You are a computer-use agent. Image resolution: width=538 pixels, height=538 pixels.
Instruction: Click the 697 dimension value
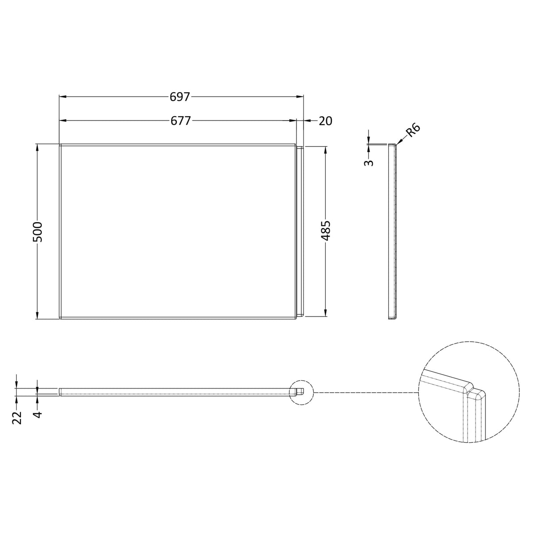(x=179, y=97)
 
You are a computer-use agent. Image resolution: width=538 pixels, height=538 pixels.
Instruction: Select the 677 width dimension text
(x=179, y=121)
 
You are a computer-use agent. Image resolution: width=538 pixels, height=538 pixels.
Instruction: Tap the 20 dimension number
(x=325, y=121)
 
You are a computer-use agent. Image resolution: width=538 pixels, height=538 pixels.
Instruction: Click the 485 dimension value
(x=326, y=230)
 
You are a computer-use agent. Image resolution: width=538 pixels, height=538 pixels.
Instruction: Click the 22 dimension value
(x=17, y=417)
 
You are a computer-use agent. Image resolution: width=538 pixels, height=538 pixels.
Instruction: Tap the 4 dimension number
(x=38, y=414)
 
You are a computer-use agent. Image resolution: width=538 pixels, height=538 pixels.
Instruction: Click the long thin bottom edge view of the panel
(x=177, y=392)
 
